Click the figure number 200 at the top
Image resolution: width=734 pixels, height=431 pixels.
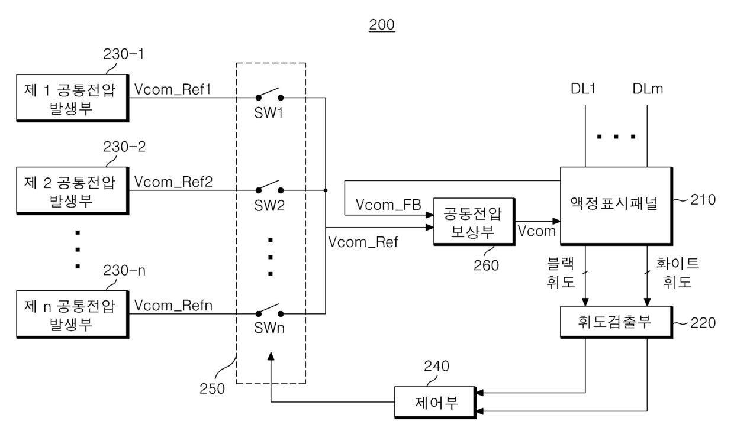[x=382, y=25]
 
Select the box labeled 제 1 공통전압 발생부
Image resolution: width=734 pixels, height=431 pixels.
[x=72, y=98]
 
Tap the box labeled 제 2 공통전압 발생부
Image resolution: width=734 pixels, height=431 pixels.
[x=72, y=191]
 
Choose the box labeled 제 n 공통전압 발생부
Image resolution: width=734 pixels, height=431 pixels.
[x=72, y=314]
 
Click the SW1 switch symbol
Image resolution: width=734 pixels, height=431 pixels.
[x=269, y=94]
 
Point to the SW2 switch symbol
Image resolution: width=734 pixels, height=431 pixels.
[x=269, y=187]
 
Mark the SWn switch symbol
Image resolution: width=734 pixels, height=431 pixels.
[x=269, y=310]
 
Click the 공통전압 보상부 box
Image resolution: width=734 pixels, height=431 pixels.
[x=474, y=222]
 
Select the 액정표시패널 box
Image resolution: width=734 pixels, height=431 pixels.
[x=616, y=206]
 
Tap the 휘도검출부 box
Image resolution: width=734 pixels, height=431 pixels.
[x=616, y=322]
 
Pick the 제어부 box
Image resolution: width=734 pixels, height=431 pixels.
[x=435, y=403]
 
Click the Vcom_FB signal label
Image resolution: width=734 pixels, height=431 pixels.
[x=388, y=205]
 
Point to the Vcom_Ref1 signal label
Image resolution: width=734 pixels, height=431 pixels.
[x=173, y=89]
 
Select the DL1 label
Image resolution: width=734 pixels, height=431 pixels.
[x=583, y=89]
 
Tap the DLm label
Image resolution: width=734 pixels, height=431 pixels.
[x=648, y=89]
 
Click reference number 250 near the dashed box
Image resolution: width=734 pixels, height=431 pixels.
[x=212, y=388]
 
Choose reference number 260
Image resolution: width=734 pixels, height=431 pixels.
[x=486, y=265]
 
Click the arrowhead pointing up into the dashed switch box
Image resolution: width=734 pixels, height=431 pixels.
[x=271, y=356]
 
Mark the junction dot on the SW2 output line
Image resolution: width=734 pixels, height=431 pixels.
[x=326, y=190]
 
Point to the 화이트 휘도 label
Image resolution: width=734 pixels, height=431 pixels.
[x=677, y=273]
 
